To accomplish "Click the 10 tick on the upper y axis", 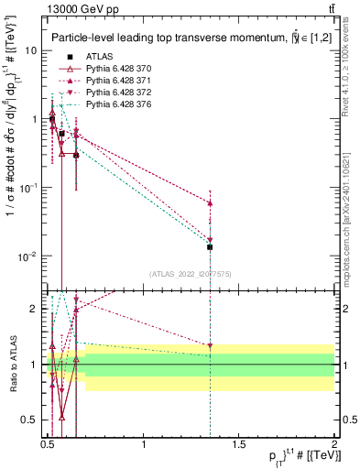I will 30,51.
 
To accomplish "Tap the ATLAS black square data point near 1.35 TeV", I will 210,246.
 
